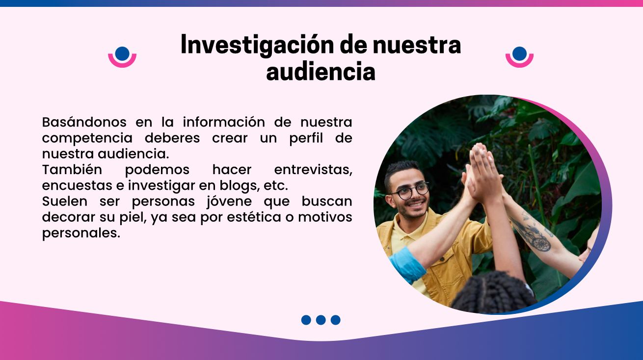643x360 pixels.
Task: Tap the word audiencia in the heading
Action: click(x=321, y=72)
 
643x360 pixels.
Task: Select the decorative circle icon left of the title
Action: click(x=122, y=57)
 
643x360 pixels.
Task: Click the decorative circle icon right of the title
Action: click(x=520, y=57)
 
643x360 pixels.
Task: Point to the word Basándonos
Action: click(x=84, y=122)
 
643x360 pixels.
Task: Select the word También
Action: click(x=72, y=170)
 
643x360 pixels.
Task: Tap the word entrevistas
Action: click(x=313, y=170)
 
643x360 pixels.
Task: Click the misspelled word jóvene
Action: click(x=229, y=202)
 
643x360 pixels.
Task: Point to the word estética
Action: click(x=254, y=217)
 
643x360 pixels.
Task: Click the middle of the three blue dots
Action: click(x=321, y=320)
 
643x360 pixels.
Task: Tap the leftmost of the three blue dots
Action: click(x=306, y=320)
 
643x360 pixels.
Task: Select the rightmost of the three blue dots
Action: click(x=335, y=320)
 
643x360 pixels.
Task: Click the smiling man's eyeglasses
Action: click(x=410, y=190)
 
